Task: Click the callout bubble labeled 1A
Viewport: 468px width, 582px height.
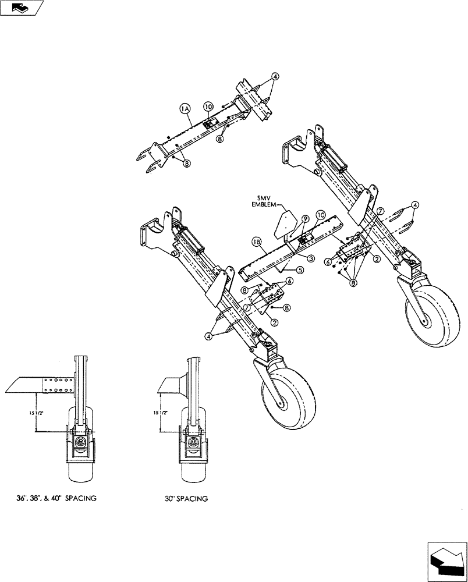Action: click(x=185, y=108)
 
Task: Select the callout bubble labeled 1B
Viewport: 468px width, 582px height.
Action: click(x=256, y=240)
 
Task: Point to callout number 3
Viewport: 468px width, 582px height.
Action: click(x=311, y=258)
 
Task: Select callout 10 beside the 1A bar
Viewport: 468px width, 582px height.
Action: click(x=208, y=106)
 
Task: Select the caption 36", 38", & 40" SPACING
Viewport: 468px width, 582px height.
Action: click(x=56, y=499)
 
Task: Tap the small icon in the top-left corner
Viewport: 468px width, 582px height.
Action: click(x=22, y=8)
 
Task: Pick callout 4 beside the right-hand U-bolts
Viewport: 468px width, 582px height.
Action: click(x=415, y=205)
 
